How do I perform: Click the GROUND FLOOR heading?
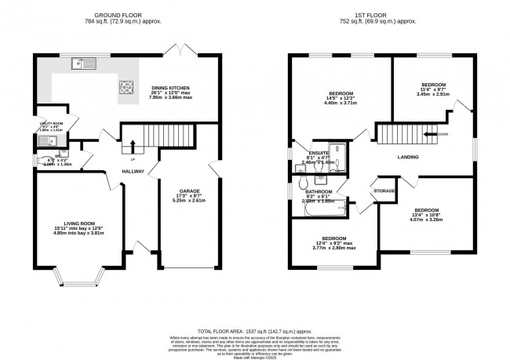click(x=118, y=15)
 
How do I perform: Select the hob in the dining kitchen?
click(x=126, y=87)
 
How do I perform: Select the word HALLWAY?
click(x=133, y=170)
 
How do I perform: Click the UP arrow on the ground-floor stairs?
click(x=133, y=146)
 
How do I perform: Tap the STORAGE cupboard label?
click(x=384, y=191)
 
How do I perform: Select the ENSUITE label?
click(x=319, y=153)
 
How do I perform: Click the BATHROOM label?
click(x=319, y=191)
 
